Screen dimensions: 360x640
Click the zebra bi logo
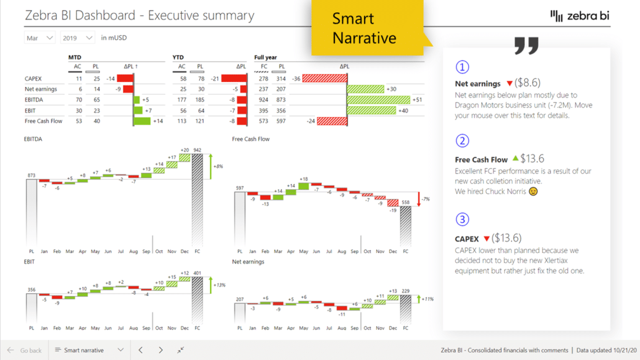(x=580, y=16)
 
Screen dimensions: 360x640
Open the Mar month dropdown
(x=40, y=38)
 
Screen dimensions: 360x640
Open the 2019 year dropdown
(x=78, y=38)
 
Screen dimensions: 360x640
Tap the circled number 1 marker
(x=462, y=67)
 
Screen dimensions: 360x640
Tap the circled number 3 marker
(x=462, y=219)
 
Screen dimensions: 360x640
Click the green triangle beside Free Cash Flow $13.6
(x=515, y=159)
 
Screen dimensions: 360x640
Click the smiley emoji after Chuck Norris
(x=533, y=192)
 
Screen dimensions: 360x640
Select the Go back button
(x=25, y=350)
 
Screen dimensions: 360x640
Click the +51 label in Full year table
(x=417, y=99)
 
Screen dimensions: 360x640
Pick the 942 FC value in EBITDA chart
(x=198, y=150)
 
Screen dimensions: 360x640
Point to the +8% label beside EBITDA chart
(x=218, y=167)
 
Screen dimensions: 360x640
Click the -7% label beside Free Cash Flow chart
(x=425, y=199)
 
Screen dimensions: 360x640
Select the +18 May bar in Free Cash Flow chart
(x=303, y=185)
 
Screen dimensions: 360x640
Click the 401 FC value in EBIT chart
(x=198, y=273)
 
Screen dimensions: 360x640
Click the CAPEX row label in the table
(x=34, y=79)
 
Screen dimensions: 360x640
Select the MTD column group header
(x=75, y=57)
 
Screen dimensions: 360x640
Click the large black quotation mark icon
(x=526, y=45)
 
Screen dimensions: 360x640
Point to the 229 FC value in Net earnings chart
(x=406, y=291)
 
